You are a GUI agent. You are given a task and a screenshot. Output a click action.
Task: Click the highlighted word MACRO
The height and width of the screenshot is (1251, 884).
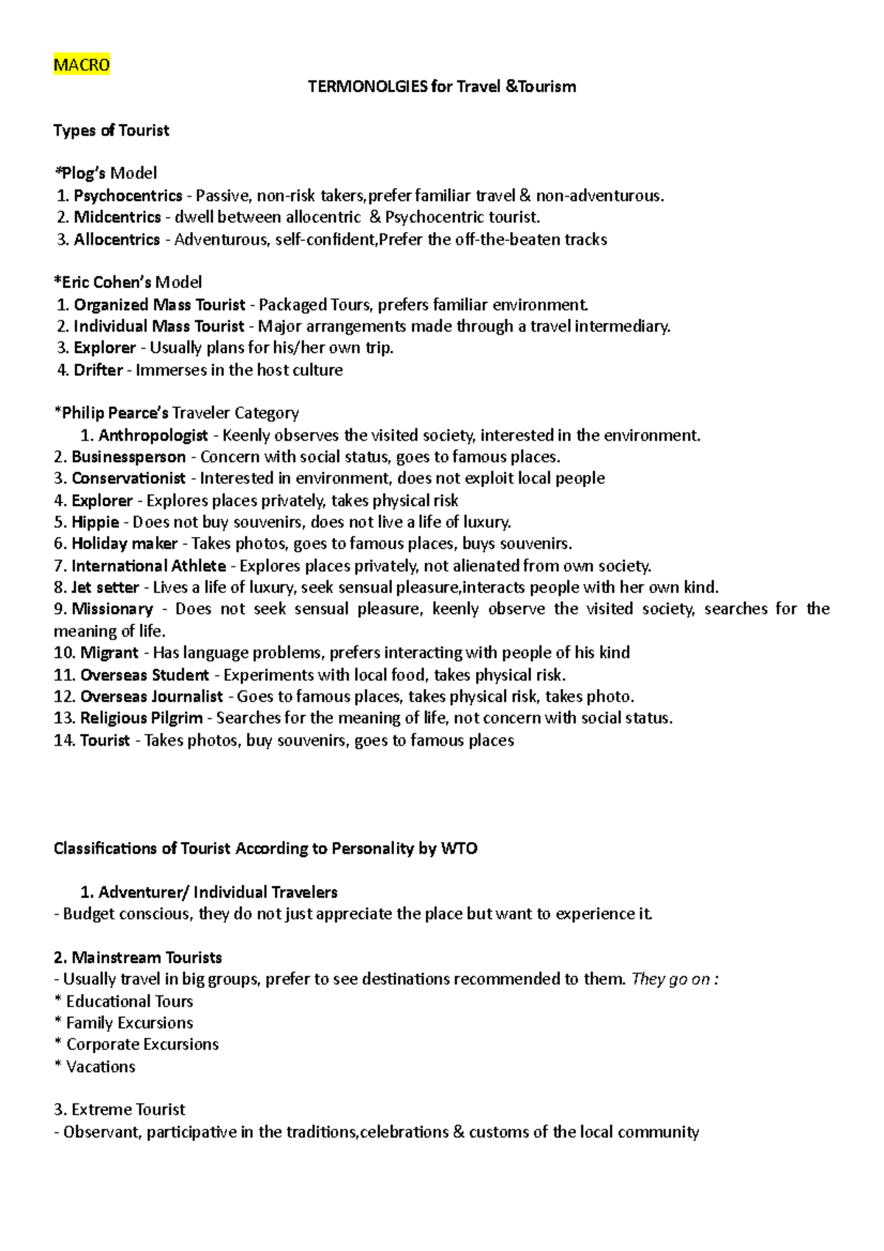82,65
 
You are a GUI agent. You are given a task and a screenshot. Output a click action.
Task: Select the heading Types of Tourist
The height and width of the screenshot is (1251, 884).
111,130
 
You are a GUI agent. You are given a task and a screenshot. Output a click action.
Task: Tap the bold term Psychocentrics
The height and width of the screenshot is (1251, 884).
127,196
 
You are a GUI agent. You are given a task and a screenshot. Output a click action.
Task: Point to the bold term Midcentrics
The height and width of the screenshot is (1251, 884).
117,217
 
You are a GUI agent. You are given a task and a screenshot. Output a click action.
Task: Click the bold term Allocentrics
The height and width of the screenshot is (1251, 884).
116,239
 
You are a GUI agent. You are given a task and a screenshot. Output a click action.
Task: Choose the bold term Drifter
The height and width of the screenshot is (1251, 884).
98,370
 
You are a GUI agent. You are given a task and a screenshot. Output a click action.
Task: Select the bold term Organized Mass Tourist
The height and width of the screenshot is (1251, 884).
159,305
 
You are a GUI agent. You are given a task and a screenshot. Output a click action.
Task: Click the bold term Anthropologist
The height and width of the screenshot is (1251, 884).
153,435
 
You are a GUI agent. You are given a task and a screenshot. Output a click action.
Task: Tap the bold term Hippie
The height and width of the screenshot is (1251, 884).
95,522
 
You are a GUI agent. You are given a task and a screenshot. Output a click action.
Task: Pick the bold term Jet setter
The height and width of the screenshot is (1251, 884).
105,588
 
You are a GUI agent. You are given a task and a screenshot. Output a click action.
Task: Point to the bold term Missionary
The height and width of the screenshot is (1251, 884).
112,609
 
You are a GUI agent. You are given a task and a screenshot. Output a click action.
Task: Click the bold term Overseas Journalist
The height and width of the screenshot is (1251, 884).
151,697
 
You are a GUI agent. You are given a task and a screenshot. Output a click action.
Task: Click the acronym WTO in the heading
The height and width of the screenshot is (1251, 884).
459,849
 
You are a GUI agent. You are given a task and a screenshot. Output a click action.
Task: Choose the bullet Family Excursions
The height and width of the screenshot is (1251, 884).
130,1023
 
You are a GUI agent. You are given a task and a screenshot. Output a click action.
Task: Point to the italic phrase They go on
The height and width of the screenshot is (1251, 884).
671,979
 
